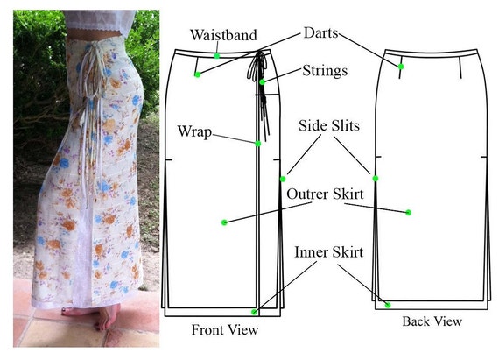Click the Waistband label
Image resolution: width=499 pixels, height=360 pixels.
click(223, 35)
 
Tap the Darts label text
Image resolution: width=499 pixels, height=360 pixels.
click(320, 32)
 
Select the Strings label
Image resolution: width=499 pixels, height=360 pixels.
click(325, 71)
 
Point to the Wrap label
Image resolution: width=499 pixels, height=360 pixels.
click(194, 131)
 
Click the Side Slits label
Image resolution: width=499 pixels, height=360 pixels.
click(329, 126)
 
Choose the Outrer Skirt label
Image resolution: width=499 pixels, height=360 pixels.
click(325, 194)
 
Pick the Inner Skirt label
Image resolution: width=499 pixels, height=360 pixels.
click(328, 252)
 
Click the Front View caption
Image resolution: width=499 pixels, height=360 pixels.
click(225, 329)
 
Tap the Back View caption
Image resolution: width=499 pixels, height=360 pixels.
click(432, 321)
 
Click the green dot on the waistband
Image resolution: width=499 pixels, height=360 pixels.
click(217, 56)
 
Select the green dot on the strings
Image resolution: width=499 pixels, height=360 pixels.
click(262, 82)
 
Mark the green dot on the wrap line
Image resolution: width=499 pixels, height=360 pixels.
click(258, 144)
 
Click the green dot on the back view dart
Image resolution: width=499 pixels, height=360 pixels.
click(401, 67)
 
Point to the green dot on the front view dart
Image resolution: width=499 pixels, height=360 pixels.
click(198, 74)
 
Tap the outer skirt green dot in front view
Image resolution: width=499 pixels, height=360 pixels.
click(224, 222)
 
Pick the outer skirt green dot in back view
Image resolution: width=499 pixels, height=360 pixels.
click(409, 212)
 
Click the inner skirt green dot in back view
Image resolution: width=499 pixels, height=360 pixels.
click(388, 305)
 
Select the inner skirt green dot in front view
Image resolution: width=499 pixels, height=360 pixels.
click(254, 312)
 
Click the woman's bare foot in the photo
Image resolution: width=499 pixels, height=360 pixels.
click(105, 317)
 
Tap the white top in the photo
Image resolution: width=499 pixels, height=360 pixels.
click(99, 20)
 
